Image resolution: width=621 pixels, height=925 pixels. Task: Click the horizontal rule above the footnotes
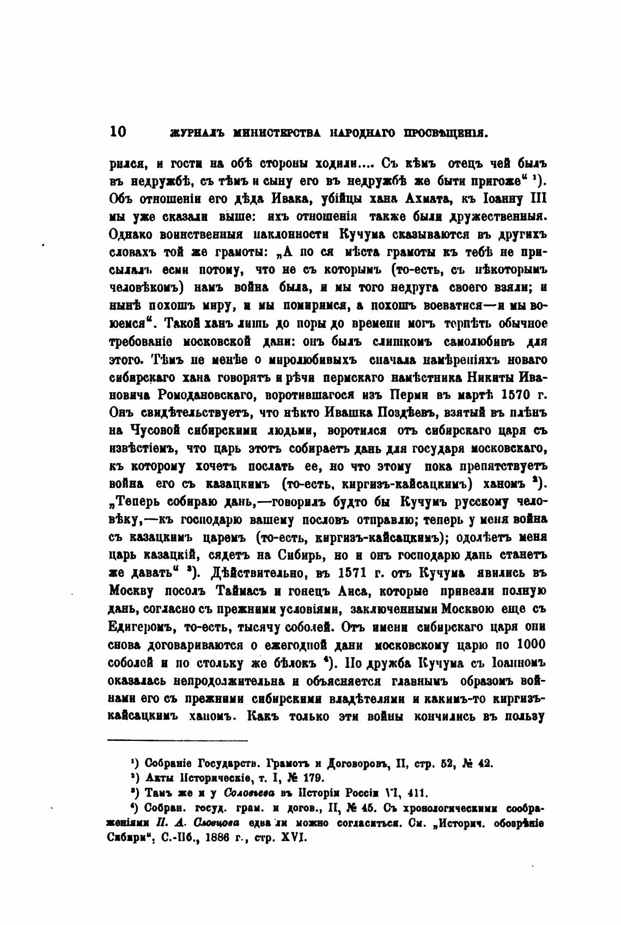[x=178, y=740]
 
